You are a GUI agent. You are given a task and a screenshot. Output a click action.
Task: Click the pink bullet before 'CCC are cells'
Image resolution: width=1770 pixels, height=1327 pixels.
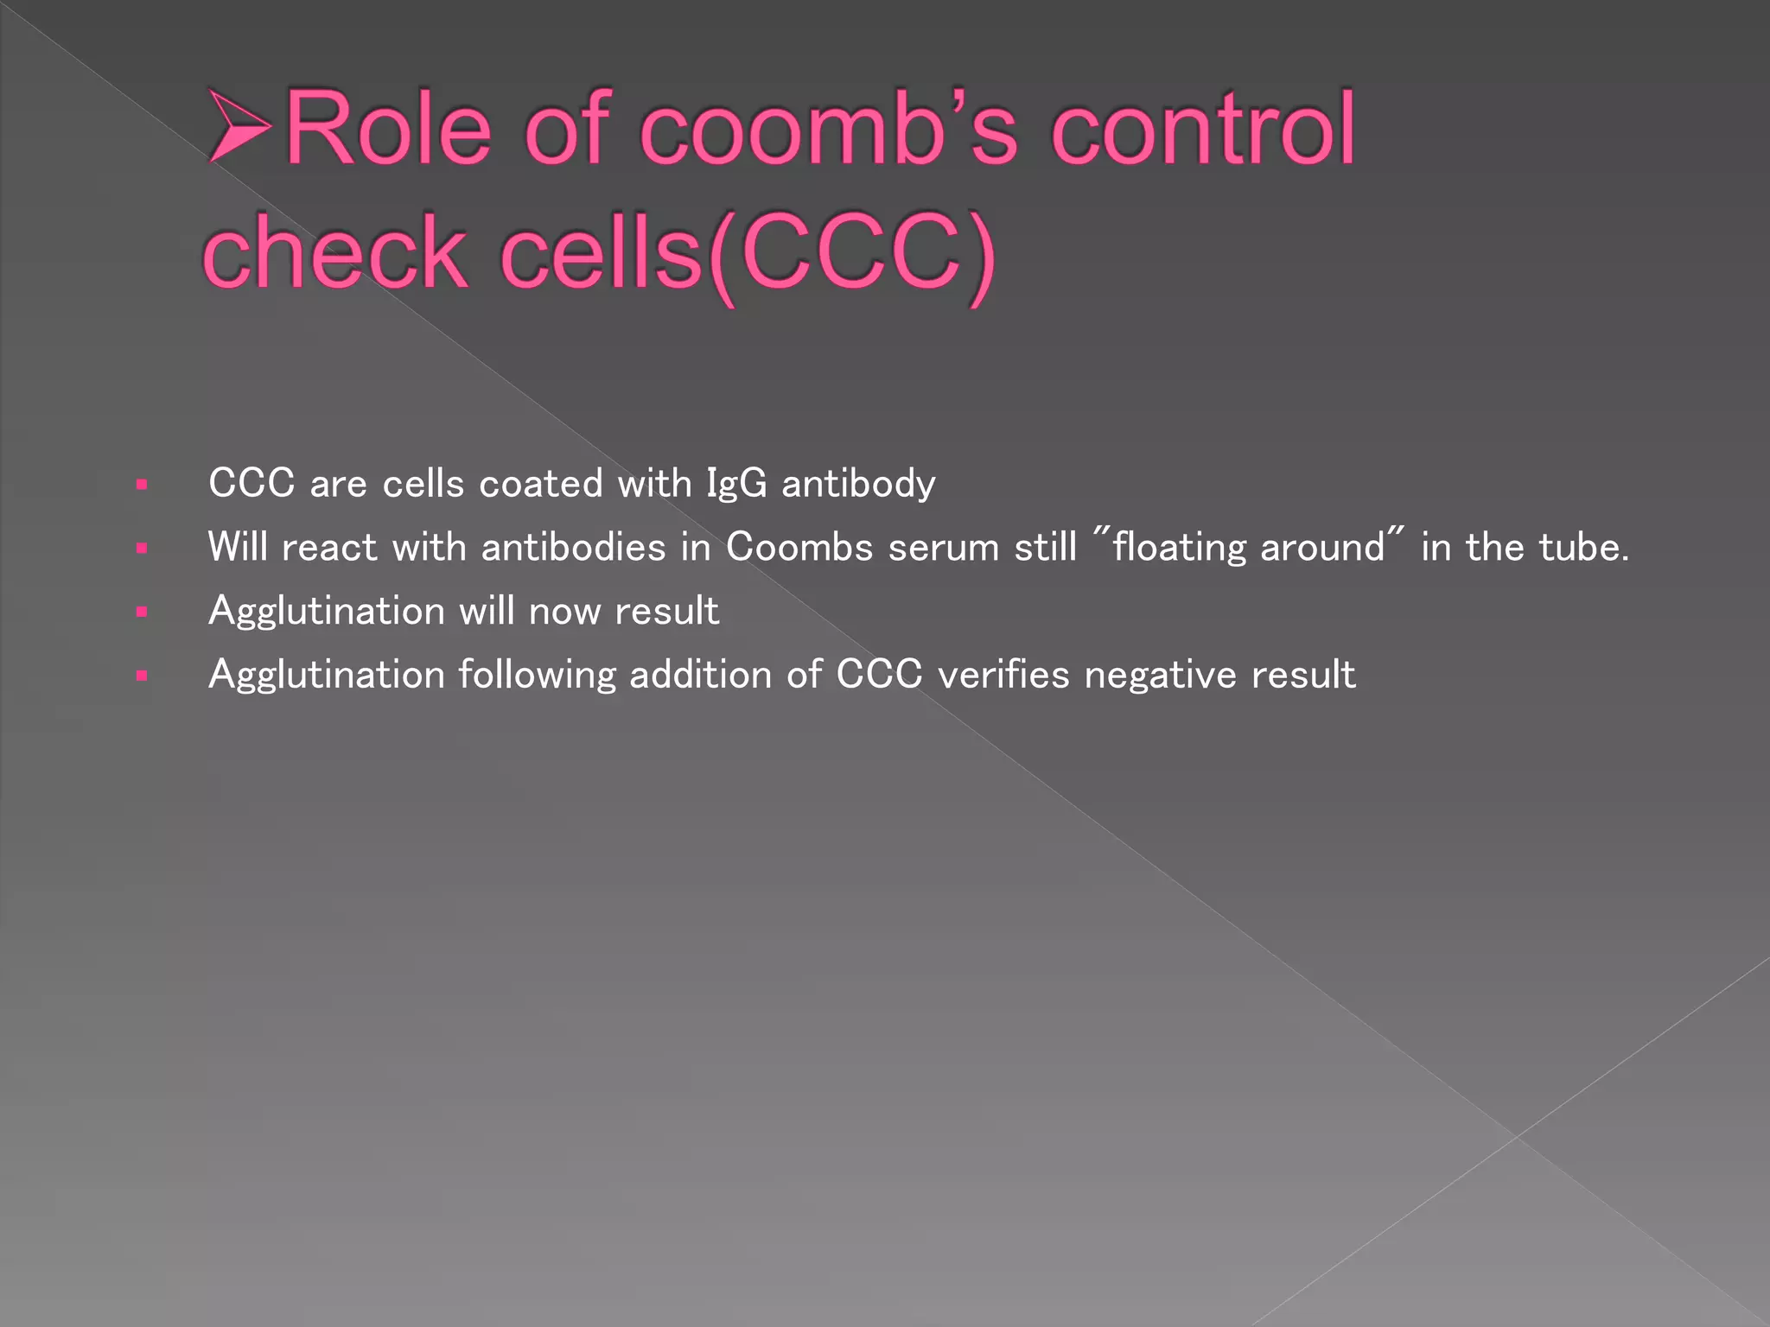(142, 485)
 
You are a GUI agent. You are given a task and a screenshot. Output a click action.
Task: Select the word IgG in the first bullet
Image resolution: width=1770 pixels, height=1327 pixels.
(736, 483)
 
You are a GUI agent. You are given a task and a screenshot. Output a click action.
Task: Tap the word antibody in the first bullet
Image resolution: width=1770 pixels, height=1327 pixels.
(858, 483)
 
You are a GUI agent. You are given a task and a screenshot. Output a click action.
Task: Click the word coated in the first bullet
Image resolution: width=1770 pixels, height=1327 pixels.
(540, 483)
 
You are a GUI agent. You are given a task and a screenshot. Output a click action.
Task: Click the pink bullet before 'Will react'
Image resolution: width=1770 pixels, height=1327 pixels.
(142, 549)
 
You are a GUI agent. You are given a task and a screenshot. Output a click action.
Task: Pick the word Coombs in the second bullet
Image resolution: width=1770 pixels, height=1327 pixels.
(799, 547)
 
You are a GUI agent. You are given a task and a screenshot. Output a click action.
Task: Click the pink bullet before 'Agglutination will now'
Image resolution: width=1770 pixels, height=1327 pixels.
(142, 613)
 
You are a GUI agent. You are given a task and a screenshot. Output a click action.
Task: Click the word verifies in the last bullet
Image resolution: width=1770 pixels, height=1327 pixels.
(1003, 675)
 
